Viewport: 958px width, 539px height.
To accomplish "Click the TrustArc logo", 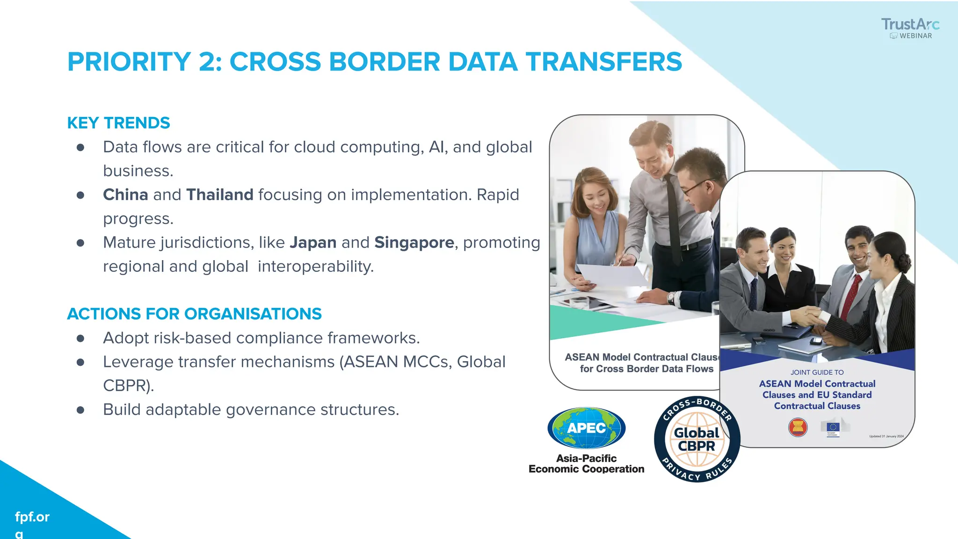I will pyautogui.click(x=910, y=24).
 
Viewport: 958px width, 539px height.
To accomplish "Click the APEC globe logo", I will pyautogui.click(x=586, y=428).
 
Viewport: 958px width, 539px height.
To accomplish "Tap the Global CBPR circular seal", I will pyautogui.click(x=697, y=439).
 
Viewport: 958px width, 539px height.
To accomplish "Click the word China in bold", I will pyautogui.click(x=125, y=195).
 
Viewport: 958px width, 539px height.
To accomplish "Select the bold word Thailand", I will pyautogui.click(x=220, y=195).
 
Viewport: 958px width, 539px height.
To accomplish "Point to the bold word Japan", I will pyautogui.click(x=313, y=242).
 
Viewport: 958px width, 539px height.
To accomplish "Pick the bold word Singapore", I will pyautogui.click(x=414, y=242).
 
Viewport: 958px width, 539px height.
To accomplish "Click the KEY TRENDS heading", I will pyautogui.click(x=118, y=123).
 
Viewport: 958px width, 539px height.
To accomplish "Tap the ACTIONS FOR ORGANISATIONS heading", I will pyautogui.click(x=194, y=313).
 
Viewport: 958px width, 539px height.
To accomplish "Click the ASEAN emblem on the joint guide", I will pyautogui.click(x=798, y=427).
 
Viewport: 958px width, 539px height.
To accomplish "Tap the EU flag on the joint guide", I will pyautogui.click(x=833, y=427).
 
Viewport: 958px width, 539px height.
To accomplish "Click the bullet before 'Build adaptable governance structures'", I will pyautogui.click(x=80, y=410).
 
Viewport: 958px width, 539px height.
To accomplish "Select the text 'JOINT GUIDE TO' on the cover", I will pyautogui.click(x=817, y=372).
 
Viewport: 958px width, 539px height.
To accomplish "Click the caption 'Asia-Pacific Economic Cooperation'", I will pyautogui.click(x=586, y=464).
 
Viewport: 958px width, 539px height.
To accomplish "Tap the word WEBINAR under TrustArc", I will pyautogui.click(x=915, y=36).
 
